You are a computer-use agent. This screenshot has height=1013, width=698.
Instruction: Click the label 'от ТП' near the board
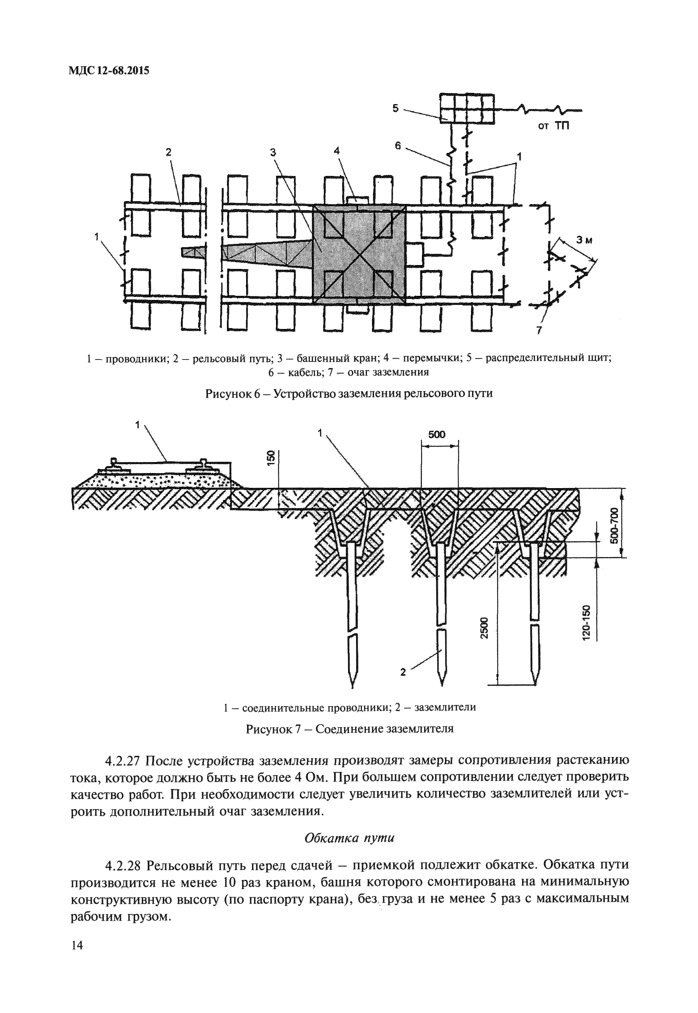click(x=553, y=127)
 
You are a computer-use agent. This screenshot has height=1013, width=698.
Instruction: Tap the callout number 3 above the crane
click(x=273, y=152)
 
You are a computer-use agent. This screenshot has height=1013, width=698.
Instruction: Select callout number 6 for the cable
click(x=397, y=146)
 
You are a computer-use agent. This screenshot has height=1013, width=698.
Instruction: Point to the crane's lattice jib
click(x=267, y=255)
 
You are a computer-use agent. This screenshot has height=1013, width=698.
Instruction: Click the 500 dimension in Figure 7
click(x=436, y=434)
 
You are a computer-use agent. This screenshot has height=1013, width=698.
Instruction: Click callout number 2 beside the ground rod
click(x=403, y=672)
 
